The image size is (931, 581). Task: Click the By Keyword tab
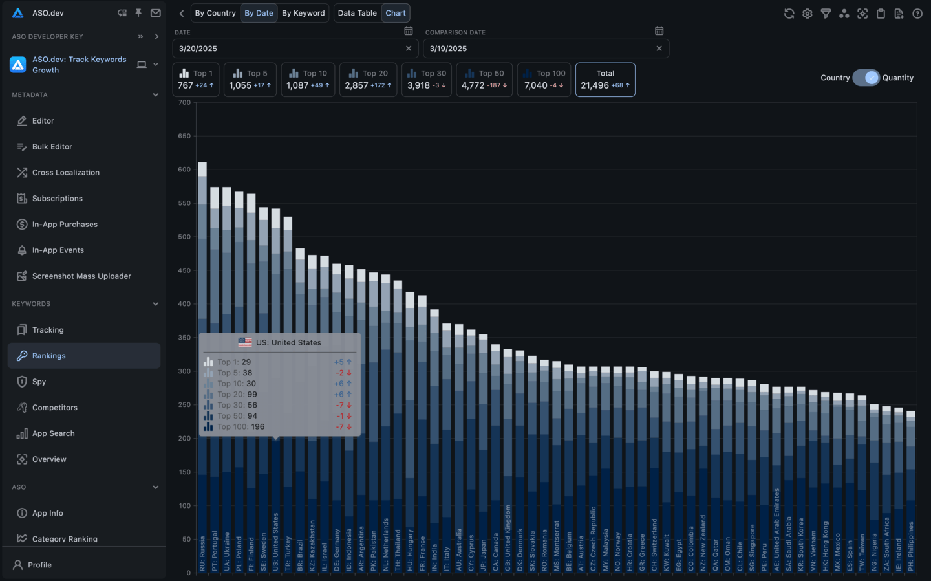point(303,13)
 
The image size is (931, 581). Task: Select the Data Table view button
point(357,13)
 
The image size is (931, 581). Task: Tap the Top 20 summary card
point(368,80)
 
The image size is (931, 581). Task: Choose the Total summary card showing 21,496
point(605,80)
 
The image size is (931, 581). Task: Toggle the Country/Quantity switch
point(866,78)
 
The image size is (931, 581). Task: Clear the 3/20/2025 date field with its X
point(409,49)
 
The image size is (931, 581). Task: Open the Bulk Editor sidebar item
point(52,147)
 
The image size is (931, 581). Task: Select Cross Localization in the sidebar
point(66,173)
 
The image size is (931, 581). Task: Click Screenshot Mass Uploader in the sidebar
point(81,276)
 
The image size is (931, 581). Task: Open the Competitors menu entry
point(55,408)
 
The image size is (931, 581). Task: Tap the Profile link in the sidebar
point(39,565)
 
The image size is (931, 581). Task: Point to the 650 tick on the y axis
point(184,136)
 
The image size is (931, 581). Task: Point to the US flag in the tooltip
point(245,343)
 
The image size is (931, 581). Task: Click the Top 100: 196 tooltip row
point(241,427)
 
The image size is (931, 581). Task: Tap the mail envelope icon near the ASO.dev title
point(156,13)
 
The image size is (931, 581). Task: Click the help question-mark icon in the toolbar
point(917,14)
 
